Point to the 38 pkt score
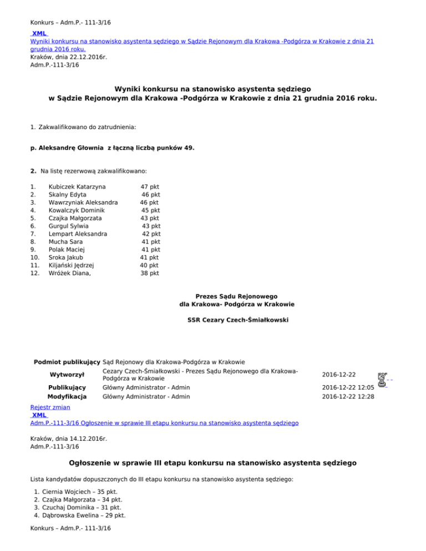(x=149, y=273)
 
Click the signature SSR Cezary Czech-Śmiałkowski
(x=237, y=320)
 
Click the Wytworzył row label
(x=67, y=374)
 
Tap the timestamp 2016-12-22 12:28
(x=348, y=397)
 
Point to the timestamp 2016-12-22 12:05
(x=348, y=387)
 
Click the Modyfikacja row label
(x=67, y=397)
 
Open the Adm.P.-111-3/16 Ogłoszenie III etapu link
(x=164, y=423)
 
